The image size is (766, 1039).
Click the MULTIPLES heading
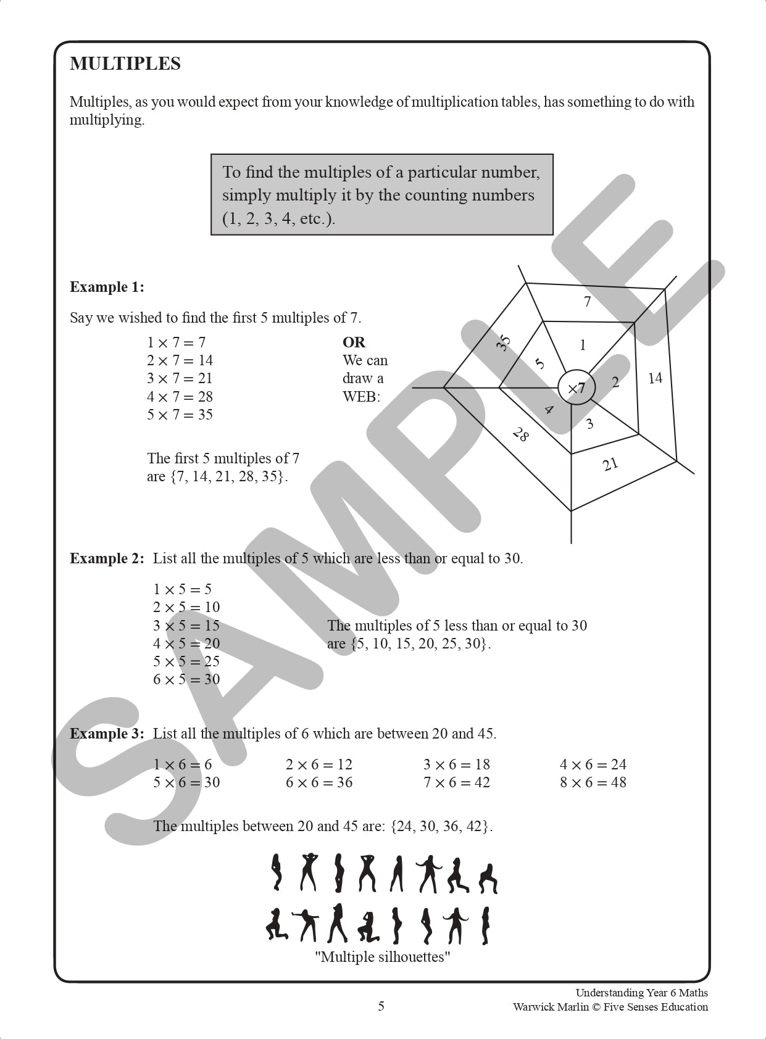125,64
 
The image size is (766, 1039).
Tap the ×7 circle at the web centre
576,388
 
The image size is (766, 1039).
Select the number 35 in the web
504,342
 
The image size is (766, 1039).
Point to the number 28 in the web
520,434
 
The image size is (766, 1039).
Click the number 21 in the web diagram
610,464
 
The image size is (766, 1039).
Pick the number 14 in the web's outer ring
655,378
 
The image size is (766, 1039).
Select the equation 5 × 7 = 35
180,415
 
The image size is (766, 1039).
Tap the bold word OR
354,342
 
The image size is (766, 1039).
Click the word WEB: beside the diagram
361,397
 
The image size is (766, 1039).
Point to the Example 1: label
107,287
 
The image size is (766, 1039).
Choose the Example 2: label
107,558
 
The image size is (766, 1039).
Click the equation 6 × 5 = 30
186,679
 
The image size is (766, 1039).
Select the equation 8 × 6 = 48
593,782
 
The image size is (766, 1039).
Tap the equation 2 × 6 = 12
318,764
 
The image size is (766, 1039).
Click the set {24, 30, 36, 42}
442,826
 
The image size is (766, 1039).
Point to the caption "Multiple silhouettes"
382,957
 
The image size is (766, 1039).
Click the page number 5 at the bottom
381,1006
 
